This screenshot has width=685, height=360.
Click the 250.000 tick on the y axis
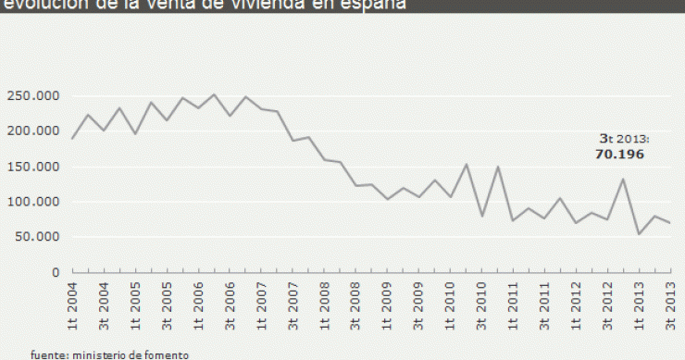click(x=33, y=96)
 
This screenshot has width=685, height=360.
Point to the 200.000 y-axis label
click(x=33, y=131)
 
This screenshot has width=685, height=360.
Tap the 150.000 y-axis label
click(x=33, y=168)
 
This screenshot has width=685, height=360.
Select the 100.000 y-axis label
click(x=33, y=203)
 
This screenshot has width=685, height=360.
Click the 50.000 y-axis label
click(x=36, y=238)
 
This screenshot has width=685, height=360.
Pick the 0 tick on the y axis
click(x=55, y=273)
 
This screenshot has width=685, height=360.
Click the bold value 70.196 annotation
click(x=618, y=155)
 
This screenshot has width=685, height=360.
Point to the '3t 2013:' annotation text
click(x=619, y=139)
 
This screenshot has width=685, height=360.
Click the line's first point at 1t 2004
click(x=71, y=138)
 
